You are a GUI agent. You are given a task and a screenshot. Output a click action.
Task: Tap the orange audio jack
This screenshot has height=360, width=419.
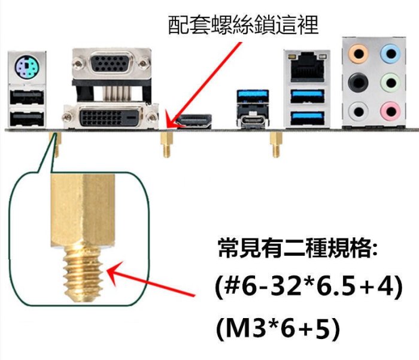(358, 55)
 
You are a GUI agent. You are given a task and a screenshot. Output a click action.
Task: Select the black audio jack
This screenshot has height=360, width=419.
(358, 82)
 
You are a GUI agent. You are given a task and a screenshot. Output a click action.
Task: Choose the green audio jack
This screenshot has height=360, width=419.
(390, 82)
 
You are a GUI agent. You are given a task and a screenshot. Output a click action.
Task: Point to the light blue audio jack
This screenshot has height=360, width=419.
(390, 55)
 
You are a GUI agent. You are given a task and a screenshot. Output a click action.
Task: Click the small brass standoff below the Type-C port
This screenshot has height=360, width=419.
(276, 144)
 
